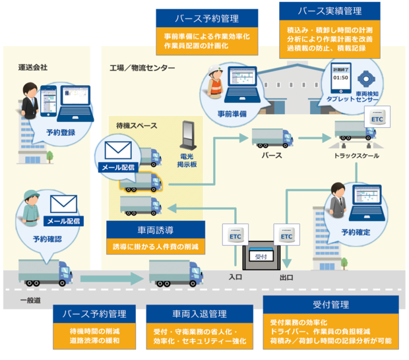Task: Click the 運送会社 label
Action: (33, 67)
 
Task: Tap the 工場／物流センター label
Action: (142, 68)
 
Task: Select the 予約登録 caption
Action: (61, 132)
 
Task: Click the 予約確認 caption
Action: (47, 238)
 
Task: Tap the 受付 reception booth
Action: (260, 255)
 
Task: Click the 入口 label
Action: (236, 278)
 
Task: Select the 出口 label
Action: (286, 278)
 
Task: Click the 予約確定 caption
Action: (356, 232)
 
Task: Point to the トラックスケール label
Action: (356, 156)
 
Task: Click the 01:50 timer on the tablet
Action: (340, 77)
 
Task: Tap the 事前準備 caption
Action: (232, 113)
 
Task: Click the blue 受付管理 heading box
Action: (330, 305)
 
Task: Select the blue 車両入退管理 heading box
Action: (200, 314)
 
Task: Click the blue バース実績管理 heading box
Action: (330, 11)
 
